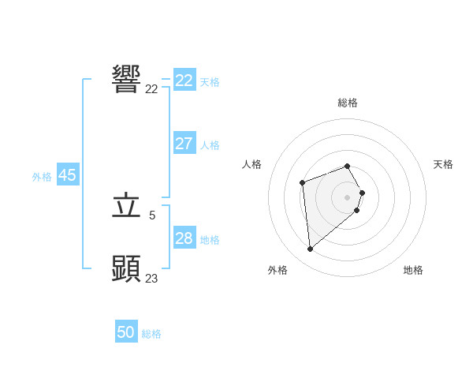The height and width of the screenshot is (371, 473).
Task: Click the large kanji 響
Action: [x=126, y=80]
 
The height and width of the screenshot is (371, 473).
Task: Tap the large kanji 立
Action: [x=126, y=206]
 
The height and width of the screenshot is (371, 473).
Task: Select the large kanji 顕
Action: [x=126, y=268]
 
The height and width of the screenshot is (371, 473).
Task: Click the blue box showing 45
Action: [x=67, y=175]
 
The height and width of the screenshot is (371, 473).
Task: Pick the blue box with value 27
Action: [x=184, y=144]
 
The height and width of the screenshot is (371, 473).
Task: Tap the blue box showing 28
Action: [x=184, y=238]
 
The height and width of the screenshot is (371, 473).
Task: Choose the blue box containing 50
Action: [x=126, y=332]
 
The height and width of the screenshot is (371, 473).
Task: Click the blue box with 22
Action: [x=184, y=81]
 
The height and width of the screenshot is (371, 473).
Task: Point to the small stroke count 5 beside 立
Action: [x=152, y=215]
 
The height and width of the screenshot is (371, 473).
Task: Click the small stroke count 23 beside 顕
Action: [x=152, y=278]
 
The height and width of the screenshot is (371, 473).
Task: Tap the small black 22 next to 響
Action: [x=152, y=89]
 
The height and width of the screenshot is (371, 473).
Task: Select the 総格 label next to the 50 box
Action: [x=151, y=334]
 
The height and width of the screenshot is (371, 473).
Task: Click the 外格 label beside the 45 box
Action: [x=42, y=177]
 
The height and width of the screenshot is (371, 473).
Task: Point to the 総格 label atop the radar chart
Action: [x=348, y=103]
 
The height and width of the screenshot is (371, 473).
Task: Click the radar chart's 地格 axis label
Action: [x=413, y=270]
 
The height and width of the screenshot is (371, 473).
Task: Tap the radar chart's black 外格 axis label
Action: [x=277, y=270]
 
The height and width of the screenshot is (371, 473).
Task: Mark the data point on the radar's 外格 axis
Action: [x=311, y=249]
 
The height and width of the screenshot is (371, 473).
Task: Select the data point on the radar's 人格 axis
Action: [x=303, y=183]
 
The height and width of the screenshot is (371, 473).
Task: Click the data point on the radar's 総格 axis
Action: [x=348, y=166]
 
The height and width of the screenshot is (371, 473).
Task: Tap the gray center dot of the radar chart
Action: [x=348, y=197]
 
